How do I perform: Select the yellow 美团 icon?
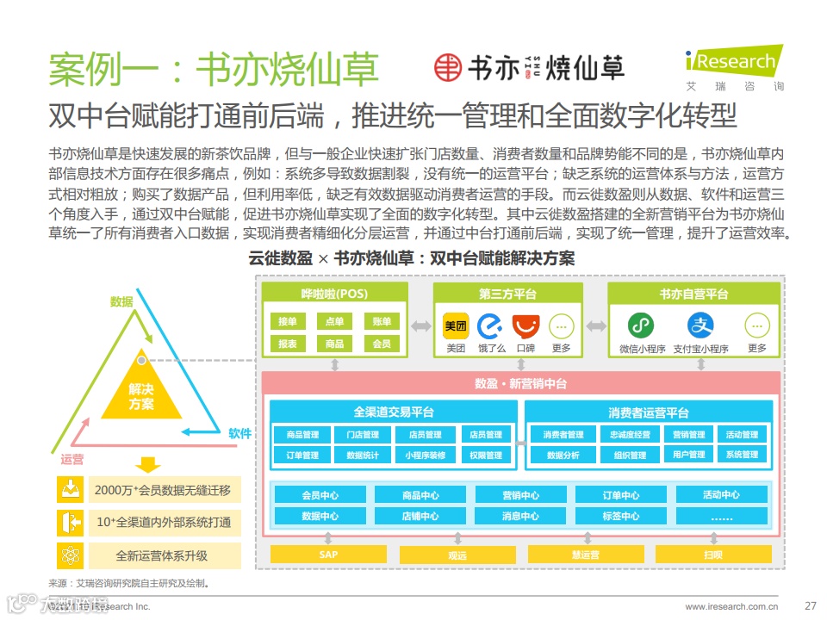click(x=456, y=326)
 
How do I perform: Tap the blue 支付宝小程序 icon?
click(x=700, y=325)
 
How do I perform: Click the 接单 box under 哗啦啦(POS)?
click(x=288, y=321)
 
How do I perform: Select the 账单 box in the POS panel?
click(x=382, y=321)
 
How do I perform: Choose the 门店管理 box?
click(x=357, y=435)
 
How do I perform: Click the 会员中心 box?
click(x=320, y=495)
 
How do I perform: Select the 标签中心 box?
click(x=620, y=516)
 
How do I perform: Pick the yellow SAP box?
click(x=328, y=555)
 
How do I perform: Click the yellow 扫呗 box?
click(x=712, y=555)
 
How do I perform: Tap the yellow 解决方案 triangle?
click(x=141, y=392)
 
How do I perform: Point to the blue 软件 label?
click(x=240, y=433)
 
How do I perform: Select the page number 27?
click(x=810, y=605)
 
